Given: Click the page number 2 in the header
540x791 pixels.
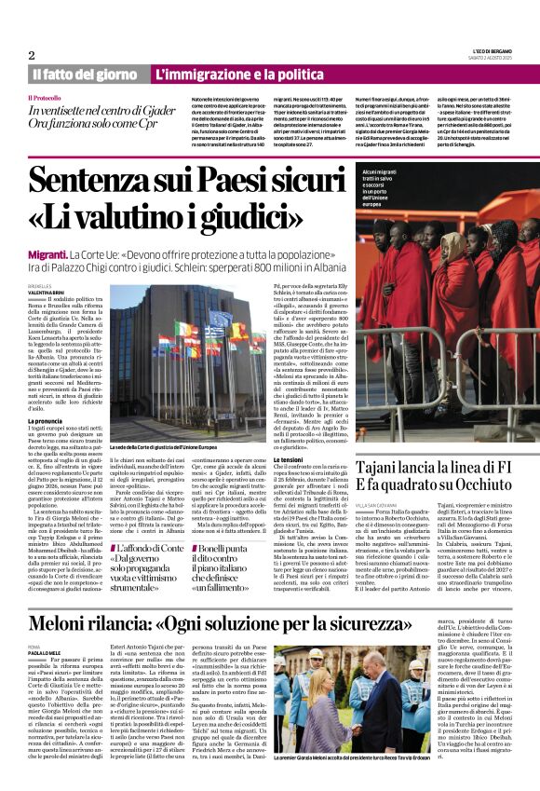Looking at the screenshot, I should pos(31,55).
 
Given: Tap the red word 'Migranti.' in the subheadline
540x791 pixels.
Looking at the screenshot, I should pos(53,252).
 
